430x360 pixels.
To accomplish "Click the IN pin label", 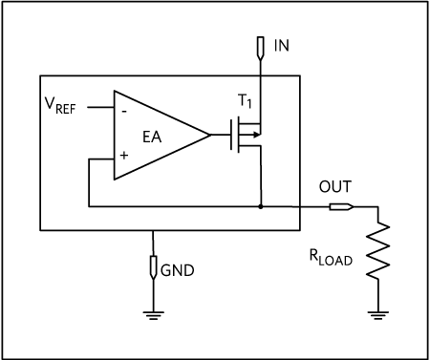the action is tap(282, 46).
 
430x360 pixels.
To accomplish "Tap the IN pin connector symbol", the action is tap(261, 48).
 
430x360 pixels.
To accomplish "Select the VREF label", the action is tap(60, 106).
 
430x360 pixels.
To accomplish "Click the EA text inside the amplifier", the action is tap(152, 137).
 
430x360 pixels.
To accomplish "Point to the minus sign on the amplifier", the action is tap(124, 112).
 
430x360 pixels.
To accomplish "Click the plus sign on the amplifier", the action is tap(124, 156).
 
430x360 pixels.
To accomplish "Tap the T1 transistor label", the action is tap(245, 101).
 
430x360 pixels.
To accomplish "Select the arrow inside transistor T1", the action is tap(250, 135).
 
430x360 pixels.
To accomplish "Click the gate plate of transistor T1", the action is tap(231, 135).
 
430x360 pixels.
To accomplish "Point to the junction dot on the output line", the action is tap(261, 206).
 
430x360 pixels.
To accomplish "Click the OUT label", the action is tap(335, 186).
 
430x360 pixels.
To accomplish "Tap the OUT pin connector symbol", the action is tap(341, 207).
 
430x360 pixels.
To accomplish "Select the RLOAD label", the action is tap(331, 257).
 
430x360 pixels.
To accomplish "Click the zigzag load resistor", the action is tap(378, 251).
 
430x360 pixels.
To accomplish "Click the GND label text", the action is tap(178, 270).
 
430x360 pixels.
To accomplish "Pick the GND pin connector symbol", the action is tap(153, 267).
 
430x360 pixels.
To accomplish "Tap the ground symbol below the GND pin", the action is tap(154, 315).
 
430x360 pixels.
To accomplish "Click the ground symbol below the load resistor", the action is tap(378, 315).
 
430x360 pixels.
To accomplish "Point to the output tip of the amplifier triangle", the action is tap(210, 135).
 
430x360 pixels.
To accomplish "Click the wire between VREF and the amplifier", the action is tap(100, 108).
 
